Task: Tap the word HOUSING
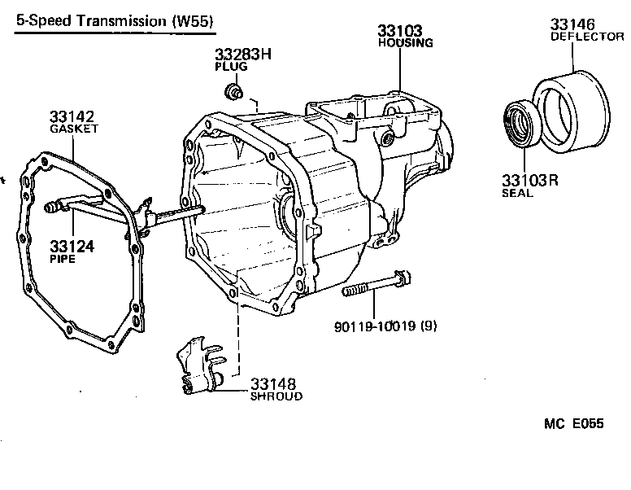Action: tap(406, 43)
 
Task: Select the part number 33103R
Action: tap(531, 181)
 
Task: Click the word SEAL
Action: tap(517, 194)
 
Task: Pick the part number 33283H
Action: tap(243, 55)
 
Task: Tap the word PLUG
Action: tap(231, 67)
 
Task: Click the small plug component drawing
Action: tap(235, 91)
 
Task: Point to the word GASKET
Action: tap(74, 129)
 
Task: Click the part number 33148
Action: tap(274, 383)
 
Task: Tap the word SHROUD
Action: tap(276, 396)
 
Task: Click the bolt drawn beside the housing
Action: tap(373, 287)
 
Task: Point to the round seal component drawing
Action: tap(518, 124)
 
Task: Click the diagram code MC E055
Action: tap(573, 424)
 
